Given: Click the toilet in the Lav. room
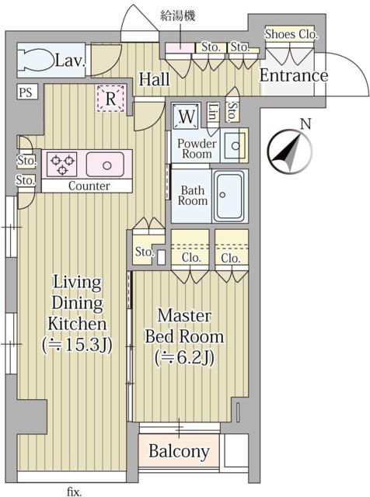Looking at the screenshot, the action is tap(36, 61).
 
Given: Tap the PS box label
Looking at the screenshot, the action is tap(26, 92).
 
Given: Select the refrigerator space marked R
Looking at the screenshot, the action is tap(110, 99).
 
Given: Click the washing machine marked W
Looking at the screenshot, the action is tap(187, 116).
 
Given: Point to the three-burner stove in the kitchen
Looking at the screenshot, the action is tap(62, 164).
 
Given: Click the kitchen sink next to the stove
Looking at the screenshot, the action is tap(105, 164).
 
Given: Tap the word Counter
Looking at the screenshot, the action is tap(89, 186).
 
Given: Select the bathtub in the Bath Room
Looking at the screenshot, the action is tap(229, 196).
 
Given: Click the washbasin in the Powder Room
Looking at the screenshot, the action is tap(235, 146).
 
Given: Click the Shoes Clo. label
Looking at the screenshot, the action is tap(291, 34).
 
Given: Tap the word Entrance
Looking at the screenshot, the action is tap(294, 75).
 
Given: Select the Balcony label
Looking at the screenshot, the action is tap(179, 451).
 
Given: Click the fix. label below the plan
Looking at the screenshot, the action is tap(75, 492).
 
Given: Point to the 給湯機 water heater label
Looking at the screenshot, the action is tap(178, 16).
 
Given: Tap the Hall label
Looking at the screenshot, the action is tap(154, 79).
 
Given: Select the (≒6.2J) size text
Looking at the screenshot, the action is tap(184, 358).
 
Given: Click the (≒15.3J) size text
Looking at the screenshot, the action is tap(78, 345).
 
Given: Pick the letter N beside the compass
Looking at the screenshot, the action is tap(306, 124).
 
